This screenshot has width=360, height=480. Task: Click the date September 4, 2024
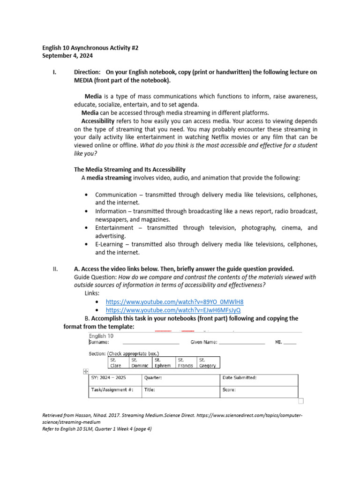coord(67,56)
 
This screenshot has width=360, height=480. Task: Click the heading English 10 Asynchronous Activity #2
coord(90,48)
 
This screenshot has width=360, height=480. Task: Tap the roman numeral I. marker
coord(54,72)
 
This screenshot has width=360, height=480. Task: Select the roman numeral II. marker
coord(55,269)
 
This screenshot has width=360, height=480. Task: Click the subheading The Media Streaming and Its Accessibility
coord(130,169)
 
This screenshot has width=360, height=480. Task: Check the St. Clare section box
coord(118,363)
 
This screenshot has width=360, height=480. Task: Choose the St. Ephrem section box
coord(163,363)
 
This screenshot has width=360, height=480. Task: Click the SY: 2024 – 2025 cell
coord(114,377)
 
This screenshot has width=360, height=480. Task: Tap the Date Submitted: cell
coord(258,377)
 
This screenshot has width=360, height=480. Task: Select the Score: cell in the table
coord(258,390)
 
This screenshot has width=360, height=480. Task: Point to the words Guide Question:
coord(96,277)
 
